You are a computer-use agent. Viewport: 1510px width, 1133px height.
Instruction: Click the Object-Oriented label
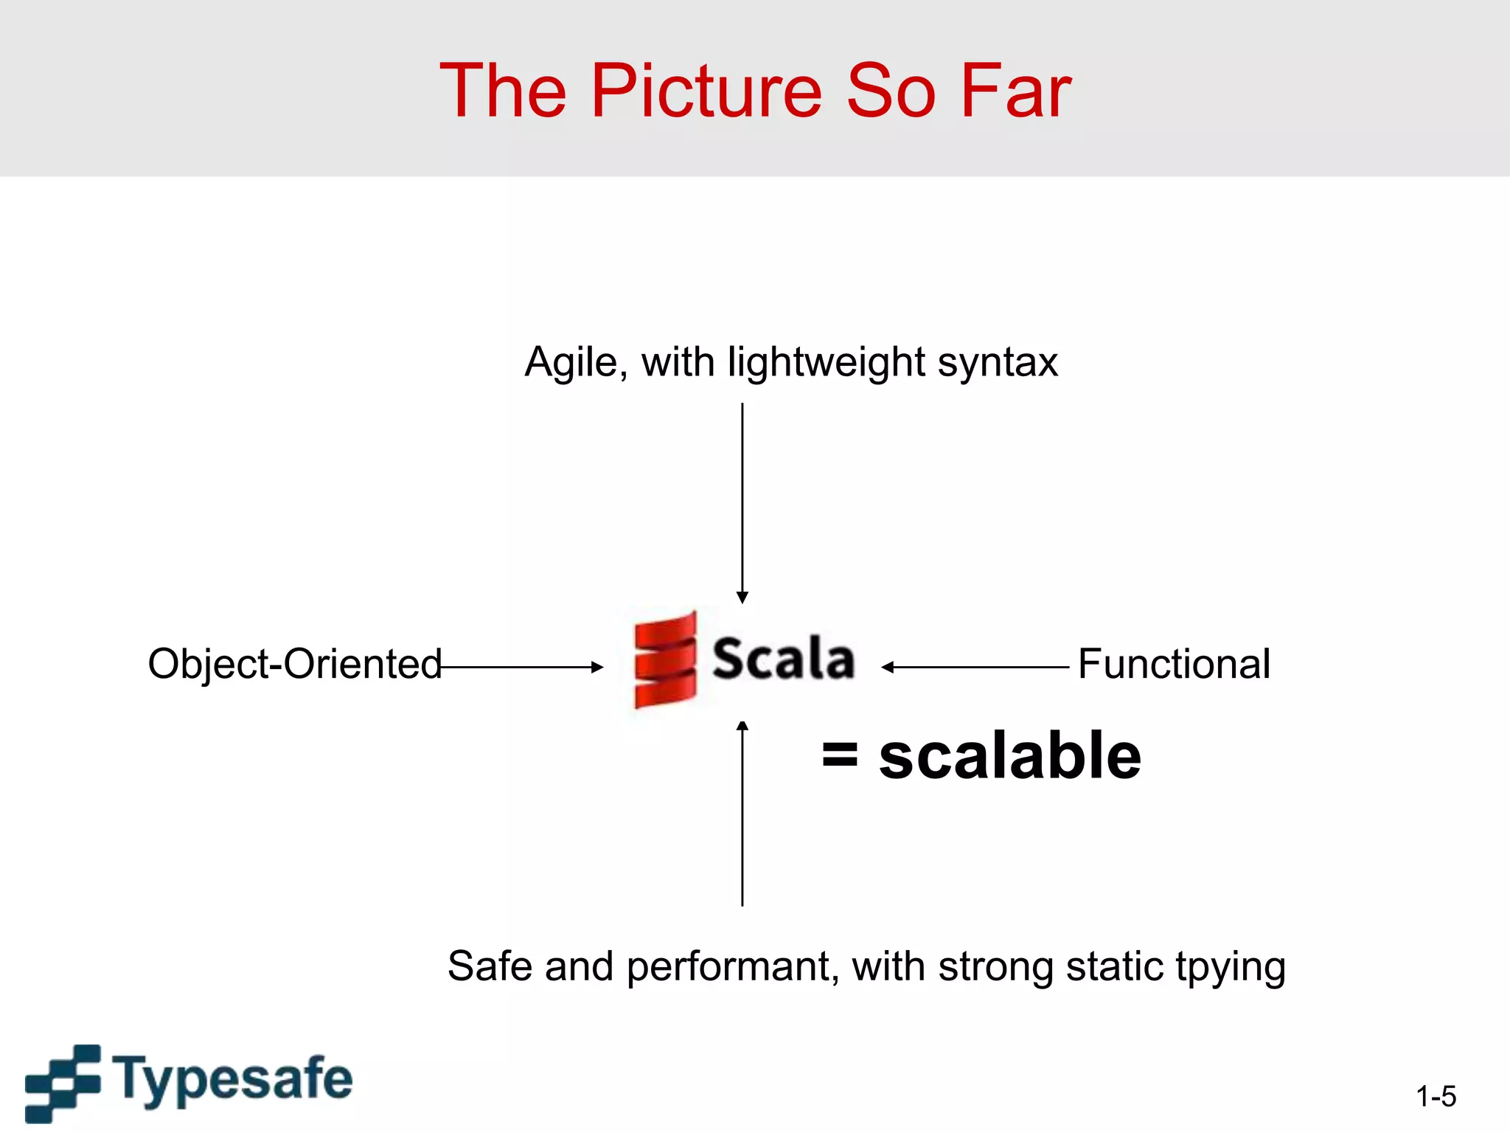[x=295, y=664]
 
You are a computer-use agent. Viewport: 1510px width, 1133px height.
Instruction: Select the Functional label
[x=1174, y=664]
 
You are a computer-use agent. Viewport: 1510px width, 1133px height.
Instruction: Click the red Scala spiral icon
[x=665, y=659]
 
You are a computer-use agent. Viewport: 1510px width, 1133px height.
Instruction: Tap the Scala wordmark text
[x=783, y=658]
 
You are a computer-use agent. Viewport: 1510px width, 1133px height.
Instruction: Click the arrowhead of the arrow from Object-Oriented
[x=598, y=668]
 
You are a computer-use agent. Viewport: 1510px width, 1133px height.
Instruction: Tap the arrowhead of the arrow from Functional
[x=887, y=668]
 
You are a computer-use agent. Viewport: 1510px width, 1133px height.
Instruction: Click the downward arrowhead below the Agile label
[x=742, y=597]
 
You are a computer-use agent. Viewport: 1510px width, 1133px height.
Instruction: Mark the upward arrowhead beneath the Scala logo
[x=742, y=726]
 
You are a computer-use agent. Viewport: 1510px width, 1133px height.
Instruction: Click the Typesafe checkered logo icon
[x=63, y=1082]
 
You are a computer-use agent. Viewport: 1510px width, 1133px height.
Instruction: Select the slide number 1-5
[x=1436, y=1097]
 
